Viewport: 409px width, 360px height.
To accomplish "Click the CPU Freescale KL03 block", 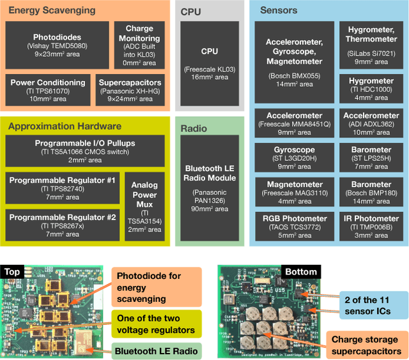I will point(210,60).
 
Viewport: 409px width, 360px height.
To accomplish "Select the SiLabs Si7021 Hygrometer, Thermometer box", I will point(371,45).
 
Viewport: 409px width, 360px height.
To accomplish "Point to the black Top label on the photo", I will point(12,271).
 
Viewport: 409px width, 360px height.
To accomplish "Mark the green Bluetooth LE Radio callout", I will point(156,350).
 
